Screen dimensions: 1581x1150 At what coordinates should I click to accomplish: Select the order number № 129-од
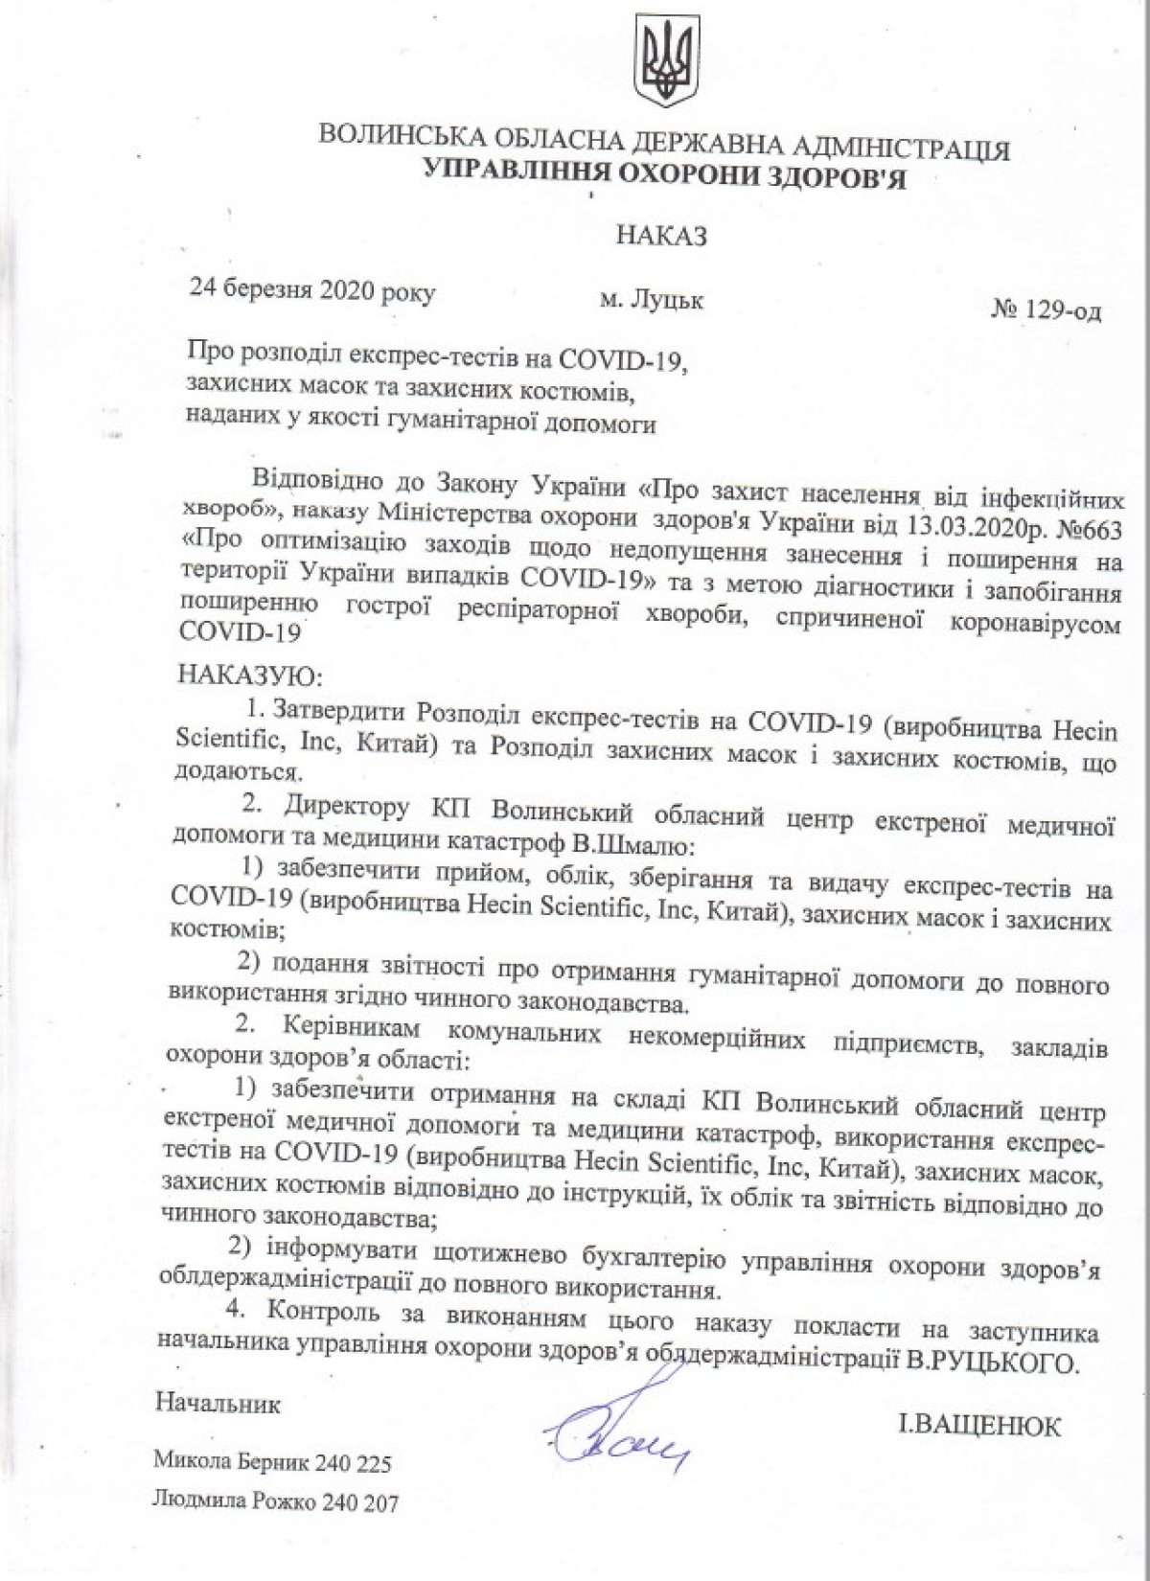pyautogui.click(x=1046, y=311)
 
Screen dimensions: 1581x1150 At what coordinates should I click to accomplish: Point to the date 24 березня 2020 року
pyautogui.click(x=311, y=291)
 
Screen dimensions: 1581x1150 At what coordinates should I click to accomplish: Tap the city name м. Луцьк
pyautogui.click(x=652, y=300)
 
